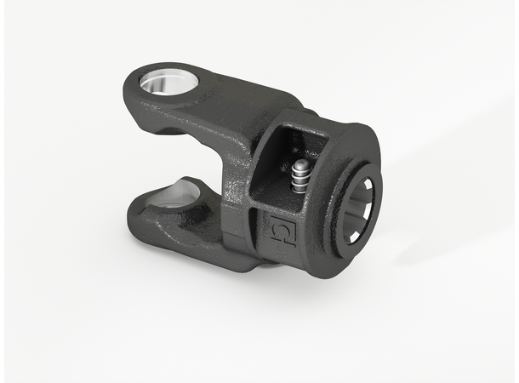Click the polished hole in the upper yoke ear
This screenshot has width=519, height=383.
point(168,83)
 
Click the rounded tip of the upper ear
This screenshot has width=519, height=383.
point(136,85)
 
